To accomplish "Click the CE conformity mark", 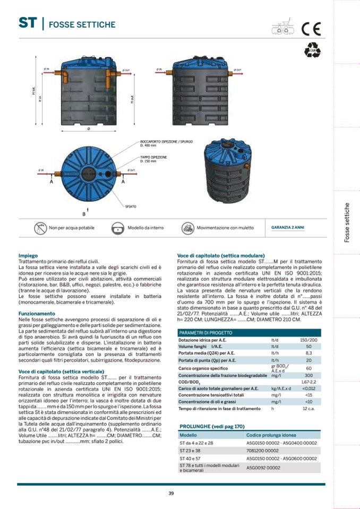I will (312, 29).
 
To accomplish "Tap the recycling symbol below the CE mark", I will (312, 49).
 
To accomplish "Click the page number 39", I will (171, 493).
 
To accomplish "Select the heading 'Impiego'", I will (28, 255).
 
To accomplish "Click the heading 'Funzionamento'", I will (37, 313).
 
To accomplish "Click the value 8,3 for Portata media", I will (308, 352).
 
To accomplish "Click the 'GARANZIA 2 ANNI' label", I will (288, 228).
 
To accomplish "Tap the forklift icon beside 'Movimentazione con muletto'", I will (187, 228).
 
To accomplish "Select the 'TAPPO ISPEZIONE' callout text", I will (153, 158).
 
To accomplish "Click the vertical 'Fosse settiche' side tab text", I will (347, 222).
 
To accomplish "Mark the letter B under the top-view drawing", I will (83, 214).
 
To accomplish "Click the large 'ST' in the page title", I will (27, 23).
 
